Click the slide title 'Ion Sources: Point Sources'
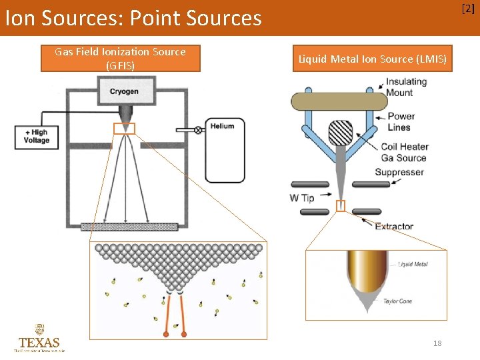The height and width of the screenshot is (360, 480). (133, 18)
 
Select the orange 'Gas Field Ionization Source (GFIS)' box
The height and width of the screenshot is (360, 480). (120, 58)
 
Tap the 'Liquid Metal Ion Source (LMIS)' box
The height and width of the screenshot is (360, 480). (373, 59)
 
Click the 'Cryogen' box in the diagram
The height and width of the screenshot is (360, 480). (124, 91)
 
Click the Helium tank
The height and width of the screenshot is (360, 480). (224, 150)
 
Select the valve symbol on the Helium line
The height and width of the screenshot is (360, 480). (198, 130)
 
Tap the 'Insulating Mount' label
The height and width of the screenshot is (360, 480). (407, 87)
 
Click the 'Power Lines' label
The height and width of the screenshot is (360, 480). (401, 121)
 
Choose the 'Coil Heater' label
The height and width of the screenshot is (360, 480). (405, 147)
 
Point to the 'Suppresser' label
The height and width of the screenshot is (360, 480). (399, 172)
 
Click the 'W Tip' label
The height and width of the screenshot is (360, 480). (301, 198)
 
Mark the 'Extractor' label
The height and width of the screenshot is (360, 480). (394, 227)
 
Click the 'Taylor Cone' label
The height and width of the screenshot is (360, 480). (397, 301)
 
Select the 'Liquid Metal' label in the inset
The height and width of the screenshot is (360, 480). (413, 265)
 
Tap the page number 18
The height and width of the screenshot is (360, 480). (437, 343)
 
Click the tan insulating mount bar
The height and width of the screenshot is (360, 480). (339, 101)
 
